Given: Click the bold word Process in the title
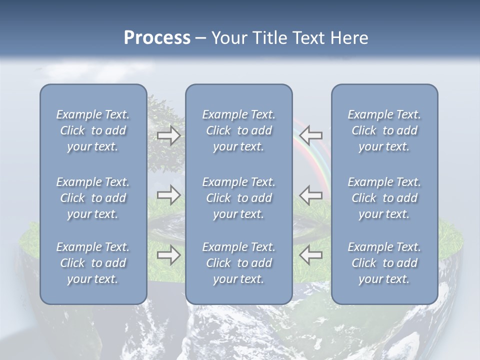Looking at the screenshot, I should (157, 38).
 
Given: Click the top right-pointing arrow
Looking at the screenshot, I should (168, 135).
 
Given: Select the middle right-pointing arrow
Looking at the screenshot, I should (168, 195).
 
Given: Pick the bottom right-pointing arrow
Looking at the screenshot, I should (168, 255).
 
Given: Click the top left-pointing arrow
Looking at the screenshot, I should (311, 135).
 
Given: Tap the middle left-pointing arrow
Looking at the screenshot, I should (311, 195).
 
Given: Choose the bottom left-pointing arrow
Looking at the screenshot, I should (311, 255).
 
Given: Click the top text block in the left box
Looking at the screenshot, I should (93, 130).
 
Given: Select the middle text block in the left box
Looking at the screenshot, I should (93, 198).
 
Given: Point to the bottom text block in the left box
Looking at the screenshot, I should (93, 263).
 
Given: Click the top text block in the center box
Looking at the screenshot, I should (238, 130).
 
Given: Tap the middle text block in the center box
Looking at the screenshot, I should (238, 198).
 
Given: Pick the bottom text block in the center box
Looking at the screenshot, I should (238, 263).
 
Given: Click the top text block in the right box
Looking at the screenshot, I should (384, 130).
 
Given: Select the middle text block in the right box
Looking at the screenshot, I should (384, 198).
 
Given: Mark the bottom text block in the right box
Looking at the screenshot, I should (384, 263).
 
